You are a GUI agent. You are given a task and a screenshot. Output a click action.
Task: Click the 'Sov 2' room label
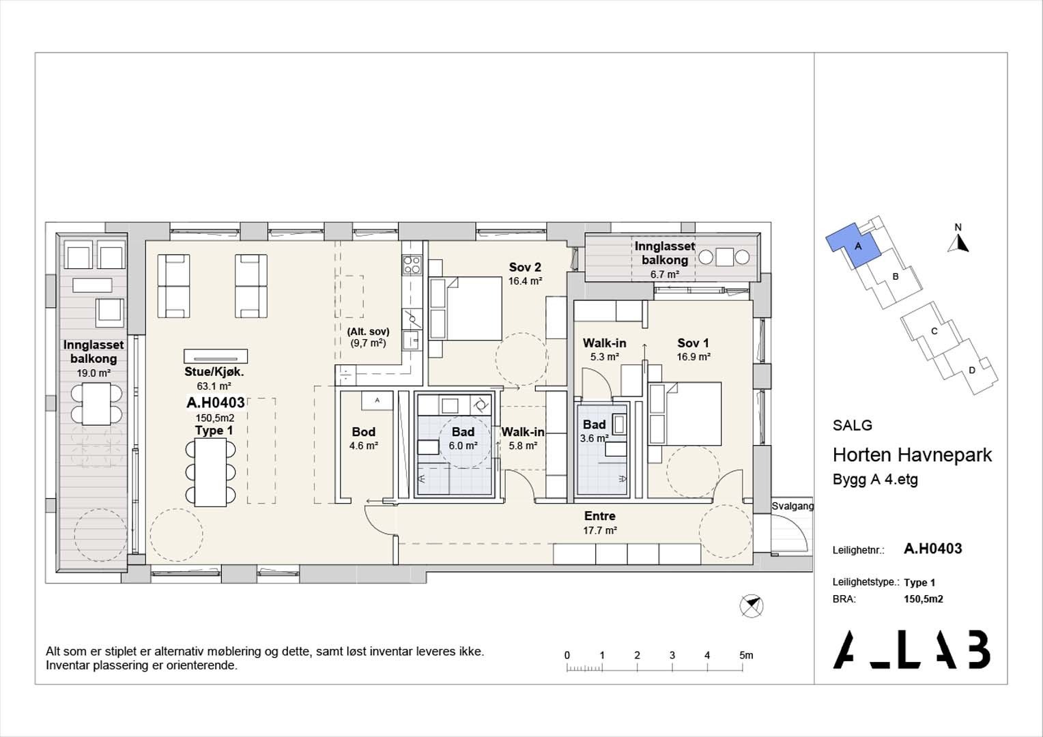(525, 267)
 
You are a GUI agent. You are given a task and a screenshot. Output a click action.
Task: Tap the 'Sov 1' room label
(693, 343)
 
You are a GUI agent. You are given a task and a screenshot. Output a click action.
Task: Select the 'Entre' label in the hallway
(599, 516)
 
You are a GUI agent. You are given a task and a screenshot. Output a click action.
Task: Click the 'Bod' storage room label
(363, 432)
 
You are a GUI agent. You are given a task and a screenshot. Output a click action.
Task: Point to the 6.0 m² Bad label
(463, 446)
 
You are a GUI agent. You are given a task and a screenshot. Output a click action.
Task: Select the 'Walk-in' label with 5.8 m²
(523, 432)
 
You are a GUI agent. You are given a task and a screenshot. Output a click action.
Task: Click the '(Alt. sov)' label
(369, 332)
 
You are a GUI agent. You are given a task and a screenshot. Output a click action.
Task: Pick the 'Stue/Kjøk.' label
(214, 372)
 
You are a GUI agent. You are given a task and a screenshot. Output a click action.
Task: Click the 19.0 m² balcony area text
(94, 373)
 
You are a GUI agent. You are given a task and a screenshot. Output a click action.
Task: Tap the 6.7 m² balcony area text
(664, 274)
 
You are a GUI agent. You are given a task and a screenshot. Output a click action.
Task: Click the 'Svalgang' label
(792, 506)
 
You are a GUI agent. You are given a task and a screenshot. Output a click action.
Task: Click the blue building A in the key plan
(853, 246)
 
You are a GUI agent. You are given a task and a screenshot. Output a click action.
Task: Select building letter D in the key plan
(971, 371)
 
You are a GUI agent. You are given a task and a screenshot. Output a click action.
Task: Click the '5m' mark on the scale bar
(745, 655)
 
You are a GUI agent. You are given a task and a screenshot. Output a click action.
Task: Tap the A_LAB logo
(911, 649)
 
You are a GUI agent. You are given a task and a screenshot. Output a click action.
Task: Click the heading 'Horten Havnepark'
(912, 455)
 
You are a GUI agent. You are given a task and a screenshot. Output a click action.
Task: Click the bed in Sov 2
(466, 308)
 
